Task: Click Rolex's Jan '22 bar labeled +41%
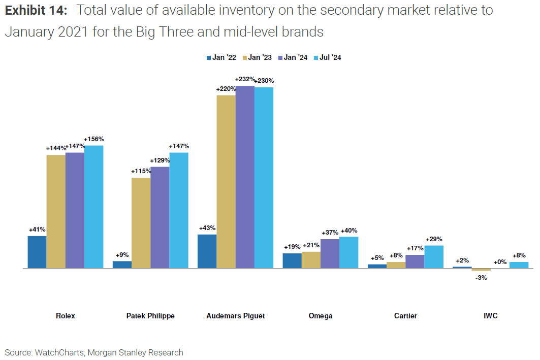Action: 37,252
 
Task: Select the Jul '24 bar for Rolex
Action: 94,207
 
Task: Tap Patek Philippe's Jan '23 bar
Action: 141,222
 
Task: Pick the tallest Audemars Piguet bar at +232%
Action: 245,177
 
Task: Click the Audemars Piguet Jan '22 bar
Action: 207,251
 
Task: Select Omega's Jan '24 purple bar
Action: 330,253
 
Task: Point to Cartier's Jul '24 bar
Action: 434,256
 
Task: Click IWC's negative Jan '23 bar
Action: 481,269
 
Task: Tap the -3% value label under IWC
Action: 481,278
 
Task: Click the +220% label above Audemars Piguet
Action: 226,89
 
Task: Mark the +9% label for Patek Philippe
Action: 122,255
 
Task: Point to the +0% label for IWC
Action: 500,262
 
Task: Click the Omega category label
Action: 321,316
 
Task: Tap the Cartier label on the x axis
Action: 405,316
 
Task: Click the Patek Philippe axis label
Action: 150,316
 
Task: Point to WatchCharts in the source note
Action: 56,352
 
